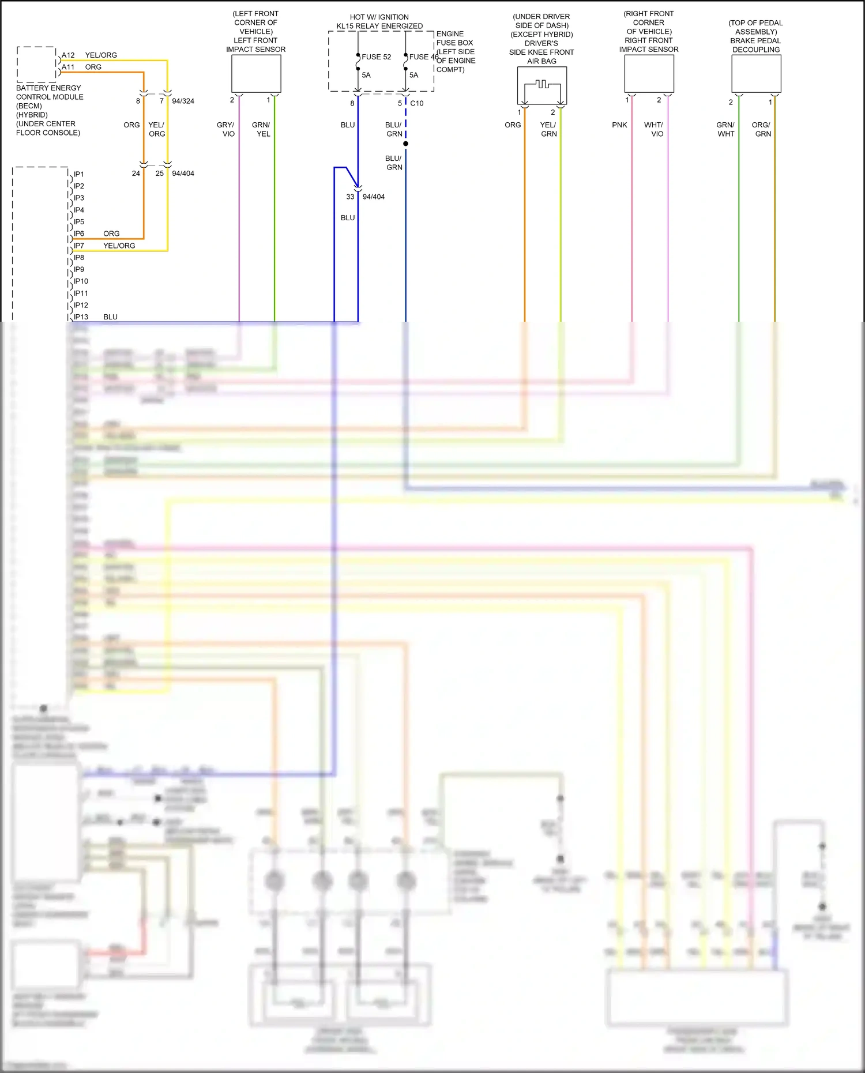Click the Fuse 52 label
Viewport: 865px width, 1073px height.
pyautogui.click(x=376, y=57)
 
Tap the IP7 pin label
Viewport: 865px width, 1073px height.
pyautogui.click(x=78, y=246)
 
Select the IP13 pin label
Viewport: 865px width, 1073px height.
pyautogui.click(x=80, y=317)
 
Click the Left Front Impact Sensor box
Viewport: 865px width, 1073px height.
pyautogui.click(x=256, y=74)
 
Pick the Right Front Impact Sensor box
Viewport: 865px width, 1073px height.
pyautogui.click(x=649, y=74)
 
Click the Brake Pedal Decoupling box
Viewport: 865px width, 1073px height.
pyautogui.click(x=756, y=74)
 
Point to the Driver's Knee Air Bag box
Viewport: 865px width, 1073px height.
pyautogui.click(x=542, y=85)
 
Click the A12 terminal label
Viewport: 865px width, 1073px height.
pyautogui.click(x=68, y=55)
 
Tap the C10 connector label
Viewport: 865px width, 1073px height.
pyautogui.click(x=417, y=103)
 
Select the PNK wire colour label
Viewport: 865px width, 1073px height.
pyautogui.click(x=619, y=125)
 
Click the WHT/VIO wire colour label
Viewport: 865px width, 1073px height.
pyautogui.click(x=655, y=129)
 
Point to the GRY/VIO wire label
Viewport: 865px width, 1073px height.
pyautogui.click(x=226, y=129)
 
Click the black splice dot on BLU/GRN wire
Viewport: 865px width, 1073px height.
pyautogui.click(x=406, y=144)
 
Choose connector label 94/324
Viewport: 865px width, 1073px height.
pyautogui.click(x=183, y=101)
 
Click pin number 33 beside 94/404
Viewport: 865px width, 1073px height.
pyautogui.click(x=350, y=197)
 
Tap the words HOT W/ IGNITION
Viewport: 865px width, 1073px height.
pyautogui.click(x=379, y=17)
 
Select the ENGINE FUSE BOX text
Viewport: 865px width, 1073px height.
pyautogui.click(x=454, y=38)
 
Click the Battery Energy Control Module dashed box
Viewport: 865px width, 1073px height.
pyautogui.click(x=36, y=65)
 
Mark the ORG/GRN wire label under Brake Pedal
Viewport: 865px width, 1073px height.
pyautogui.click(x=761, y=129)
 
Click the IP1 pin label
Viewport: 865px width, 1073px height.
pyautogui.click(x=78, y=174)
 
